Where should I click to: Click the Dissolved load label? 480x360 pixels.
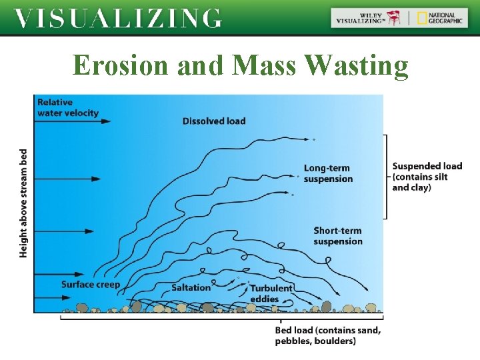tap(214, 121)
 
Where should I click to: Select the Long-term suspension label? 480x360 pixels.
tap(327, 173)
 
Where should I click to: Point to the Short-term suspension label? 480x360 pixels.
tap(337, 236)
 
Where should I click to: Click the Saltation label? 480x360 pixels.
tap(191, 287)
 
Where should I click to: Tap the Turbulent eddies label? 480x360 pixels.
tap(271, 293)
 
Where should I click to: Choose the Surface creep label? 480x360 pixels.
tap(91, 285)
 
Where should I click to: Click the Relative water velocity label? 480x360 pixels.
tap(67, 107)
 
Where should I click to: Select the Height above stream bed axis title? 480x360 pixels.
tap(23, 202)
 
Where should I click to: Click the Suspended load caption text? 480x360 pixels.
tap(427, 177)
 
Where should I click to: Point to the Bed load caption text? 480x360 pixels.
tap(328, 335)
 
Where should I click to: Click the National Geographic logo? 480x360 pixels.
tap(440, 18)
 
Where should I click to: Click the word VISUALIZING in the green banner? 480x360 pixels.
tap(118, 18)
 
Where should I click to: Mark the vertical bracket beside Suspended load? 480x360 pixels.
tap(385, 177)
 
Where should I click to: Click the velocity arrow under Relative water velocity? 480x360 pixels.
tap(73, 121)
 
